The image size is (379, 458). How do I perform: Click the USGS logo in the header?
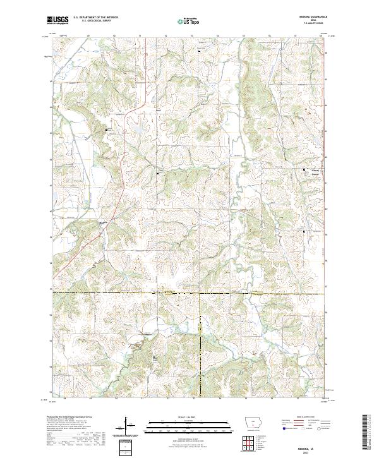57,20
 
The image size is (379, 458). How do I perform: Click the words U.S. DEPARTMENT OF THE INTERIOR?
95,18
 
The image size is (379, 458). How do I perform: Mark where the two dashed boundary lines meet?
200,293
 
